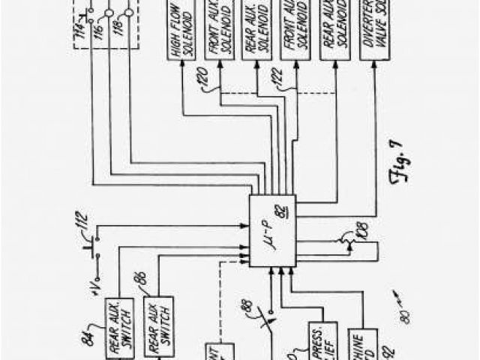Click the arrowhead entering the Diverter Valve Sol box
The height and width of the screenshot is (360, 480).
coord(373,65)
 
